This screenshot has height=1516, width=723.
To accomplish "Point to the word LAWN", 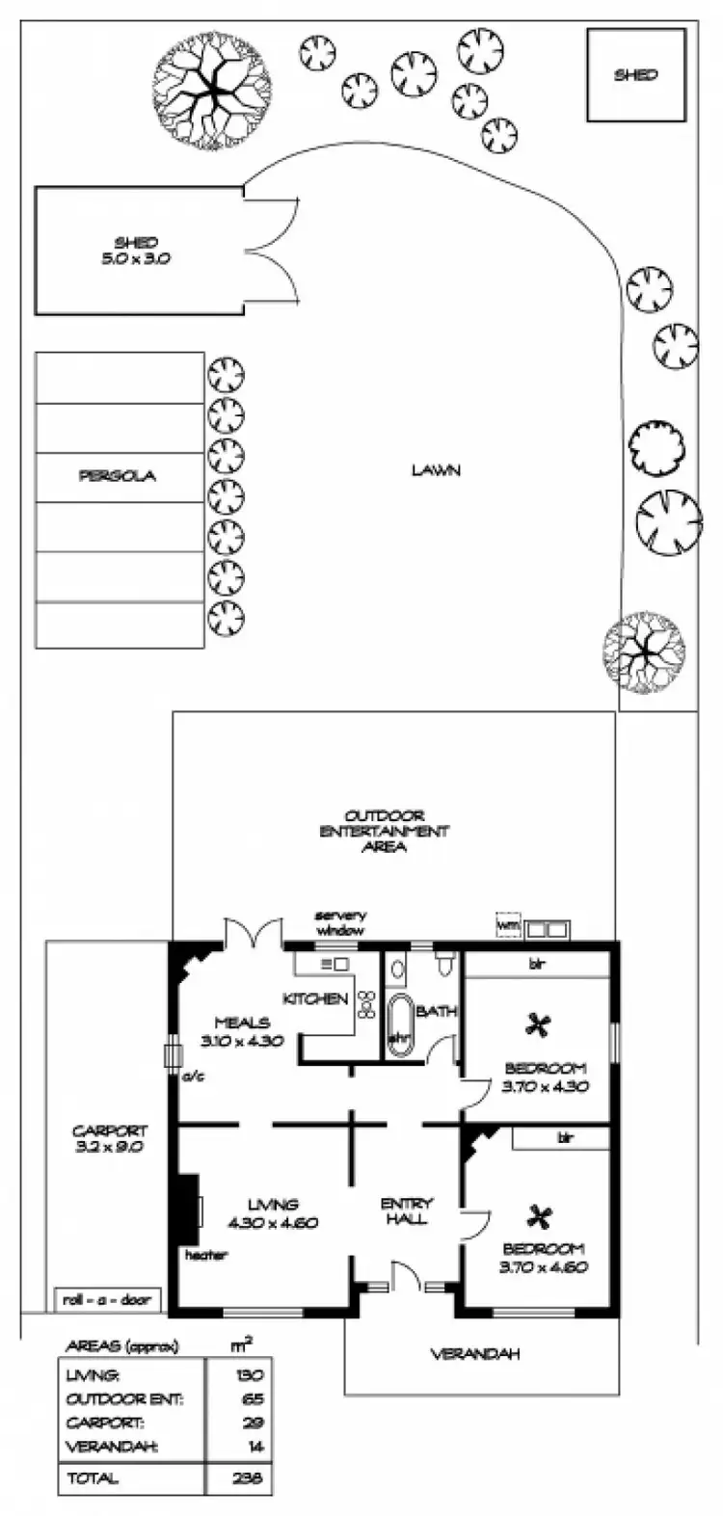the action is [x=436, y=470].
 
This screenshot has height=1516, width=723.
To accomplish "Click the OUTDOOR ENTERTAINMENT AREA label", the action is [x=385, y=831].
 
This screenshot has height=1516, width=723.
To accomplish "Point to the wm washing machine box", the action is [x=507, y=926].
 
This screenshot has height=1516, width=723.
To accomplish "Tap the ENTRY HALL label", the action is [x=407, y=1210].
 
